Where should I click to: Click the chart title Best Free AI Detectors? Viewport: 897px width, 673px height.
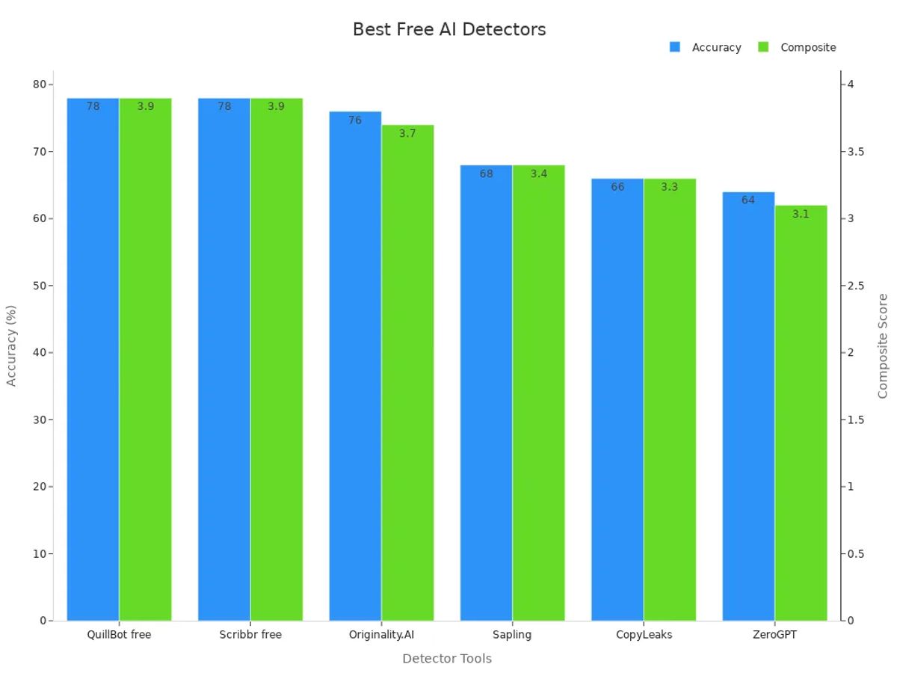(x=449, y=29)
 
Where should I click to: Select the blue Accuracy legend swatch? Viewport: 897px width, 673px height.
(x=675, y=47)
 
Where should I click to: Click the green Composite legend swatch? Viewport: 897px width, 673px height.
(x=763, y=47)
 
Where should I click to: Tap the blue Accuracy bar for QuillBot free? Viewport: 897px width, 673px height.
(x=93, y=359)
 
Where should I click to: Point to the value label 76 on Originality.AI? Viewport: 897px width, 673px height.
(x=354, y=120)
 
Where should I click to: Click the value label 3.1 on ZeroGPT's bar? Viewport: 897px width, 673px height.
(x=801, y=214)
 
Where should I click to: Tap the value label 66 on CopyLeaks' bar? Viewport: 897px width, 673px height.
(x=617, y=187)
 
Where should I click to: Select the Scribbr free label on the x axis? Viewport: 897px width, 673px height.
(x=250, y=635)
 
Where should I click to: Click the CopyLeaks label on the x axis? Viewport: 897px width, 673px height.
(x=644, y=635)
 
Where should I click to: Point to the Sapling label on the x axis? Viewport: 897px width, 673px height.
(x=512, y=635)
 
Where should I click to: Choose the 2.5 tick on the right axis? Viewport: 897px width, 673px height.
(x=856, y=286)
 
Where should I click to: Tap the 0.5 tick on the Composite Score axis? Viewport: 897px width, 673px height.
(x=856, y=554)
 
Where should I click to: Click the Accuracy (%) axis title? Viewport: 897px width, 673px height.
(x=11, y=345)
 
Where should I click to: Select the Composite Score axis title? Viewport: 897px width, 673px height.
(x=883, y=345)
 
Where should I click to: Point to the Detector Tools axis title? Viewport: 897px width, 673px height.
(x=447, y=659)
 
